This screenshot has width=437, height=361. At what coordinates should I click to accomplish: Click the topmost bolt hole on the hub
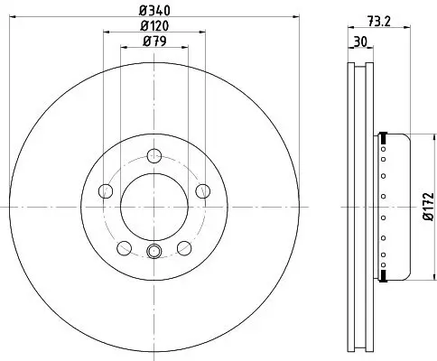point(153,154)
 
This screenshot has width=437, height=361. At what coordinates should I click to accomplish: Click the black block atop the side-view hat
point(385,137)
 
